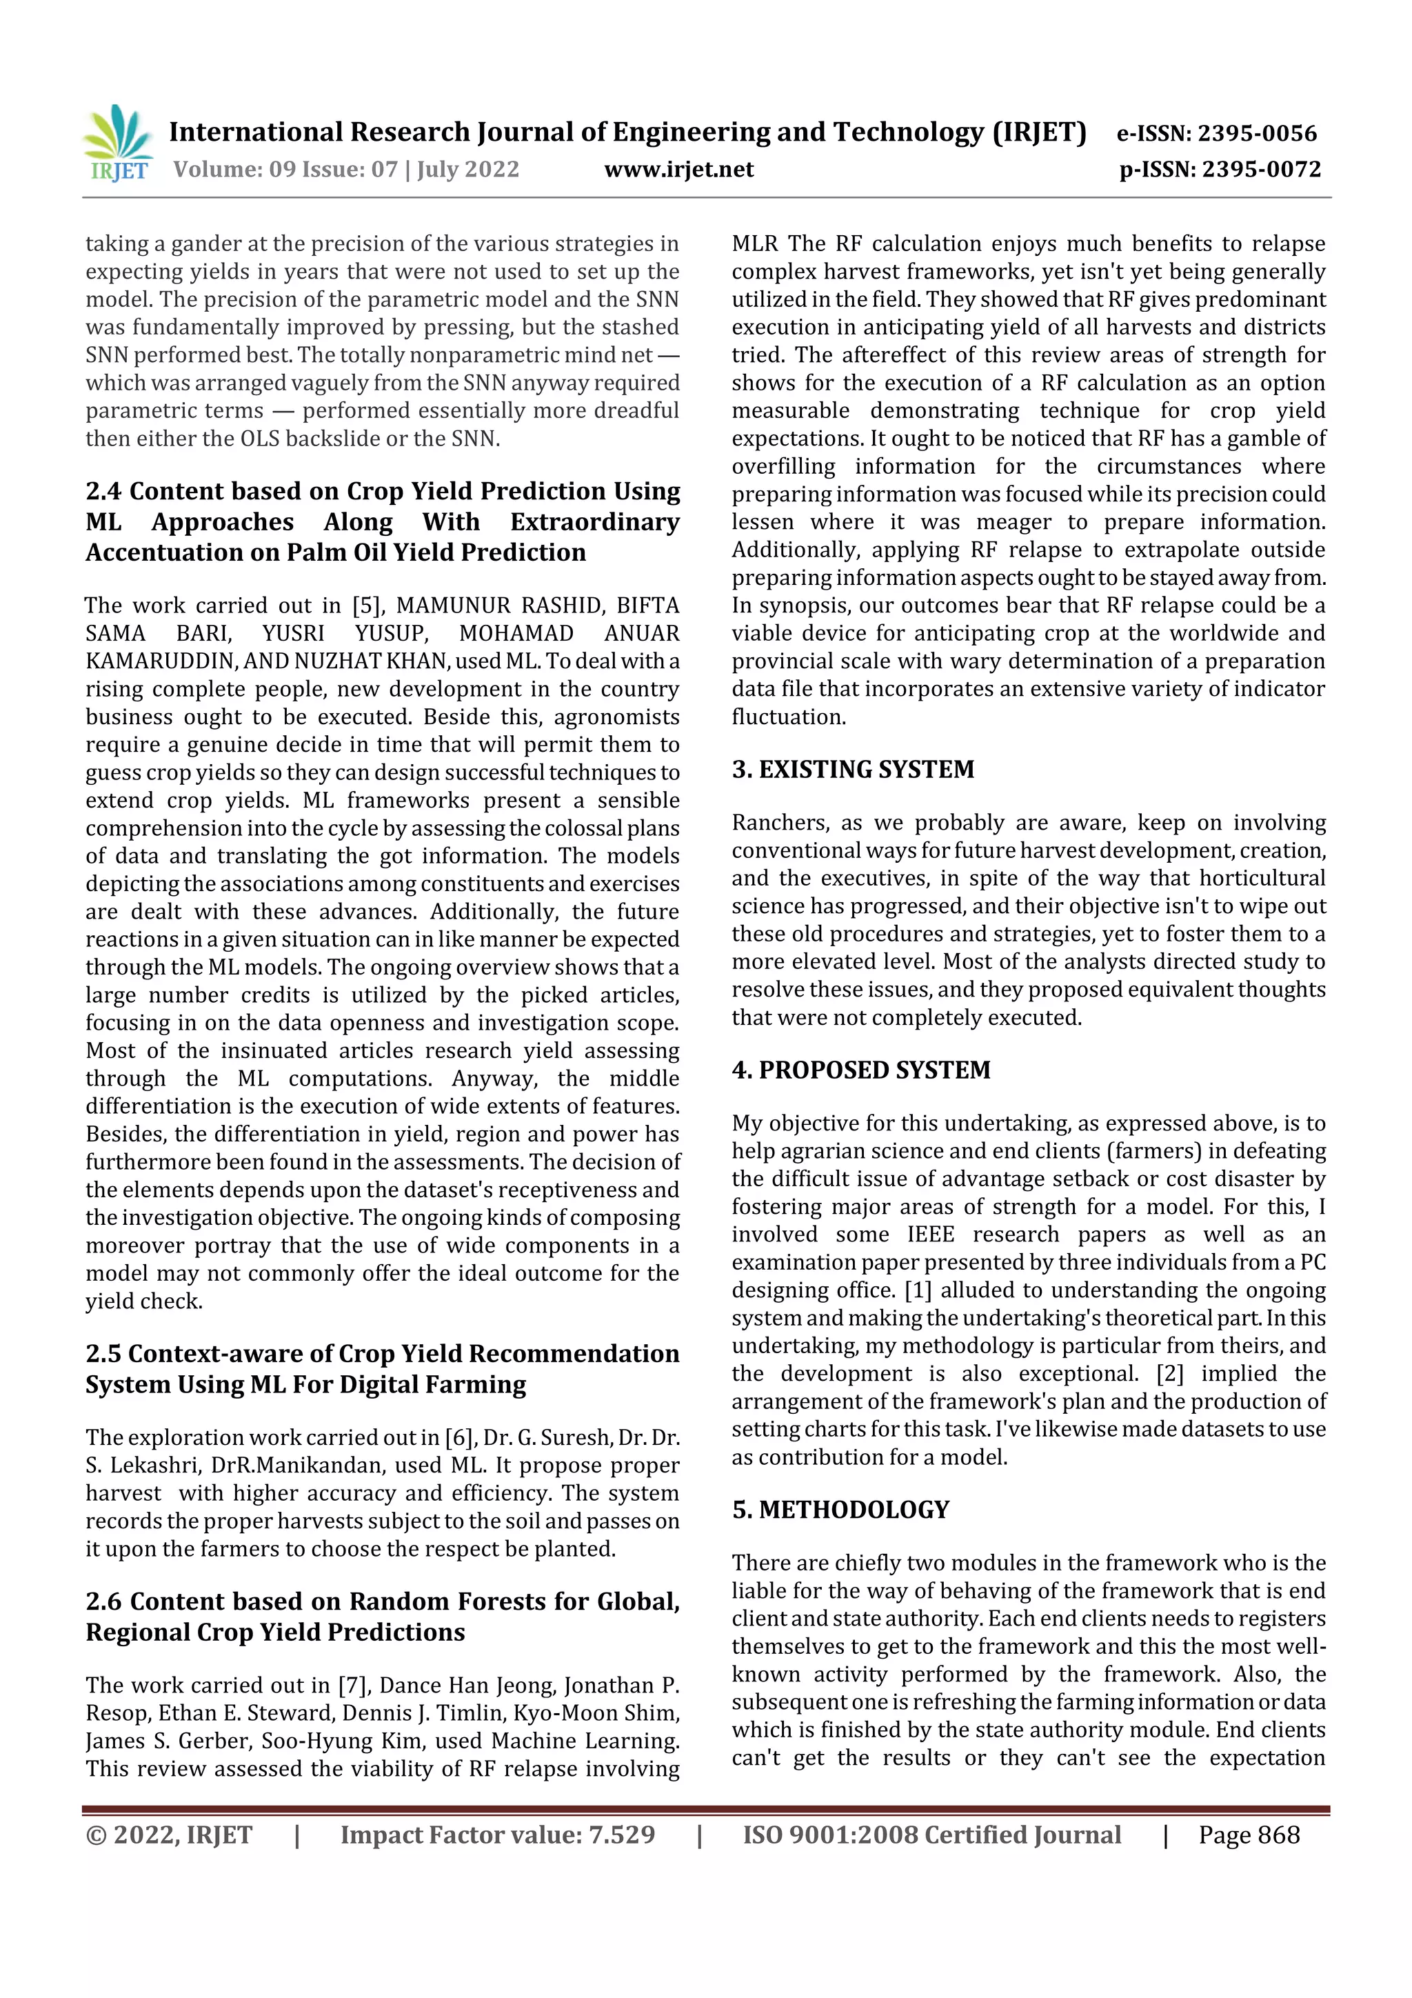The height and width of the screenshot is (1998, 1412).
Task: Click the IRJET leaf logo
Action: (x=117, y=143)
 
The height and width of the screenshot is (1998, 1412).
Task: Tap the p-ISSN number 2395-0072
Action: (x=1262, y=169)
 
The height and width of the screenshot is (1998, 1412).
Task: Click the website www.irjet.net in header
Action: (x=678, y=169)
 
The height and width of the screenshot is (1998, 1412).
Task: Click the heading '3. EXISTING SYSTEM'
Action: (x=853, y=769)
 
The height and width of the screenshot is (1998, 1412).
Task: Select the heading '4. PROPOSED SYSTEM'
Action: (x=860, y=1070)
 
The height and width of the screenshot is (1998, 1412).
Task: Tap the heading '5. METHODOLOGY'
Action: (x=840, y=1509)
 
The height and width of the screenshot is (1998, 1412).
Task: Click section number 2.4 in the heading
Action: (x=103, y=492)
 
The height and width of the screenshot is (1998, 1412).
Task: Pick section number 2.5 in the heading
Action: (x=103, y=1354)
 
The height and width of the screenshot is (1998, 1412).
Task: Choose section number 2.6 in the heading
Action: (x=103, y=1601)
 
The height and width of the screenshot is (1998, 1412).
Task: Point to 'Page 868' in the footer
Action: (x=1249, y=1835)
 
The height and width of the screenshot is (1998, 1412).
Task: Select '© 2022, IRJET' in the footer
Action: (x=169, y=1835)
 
